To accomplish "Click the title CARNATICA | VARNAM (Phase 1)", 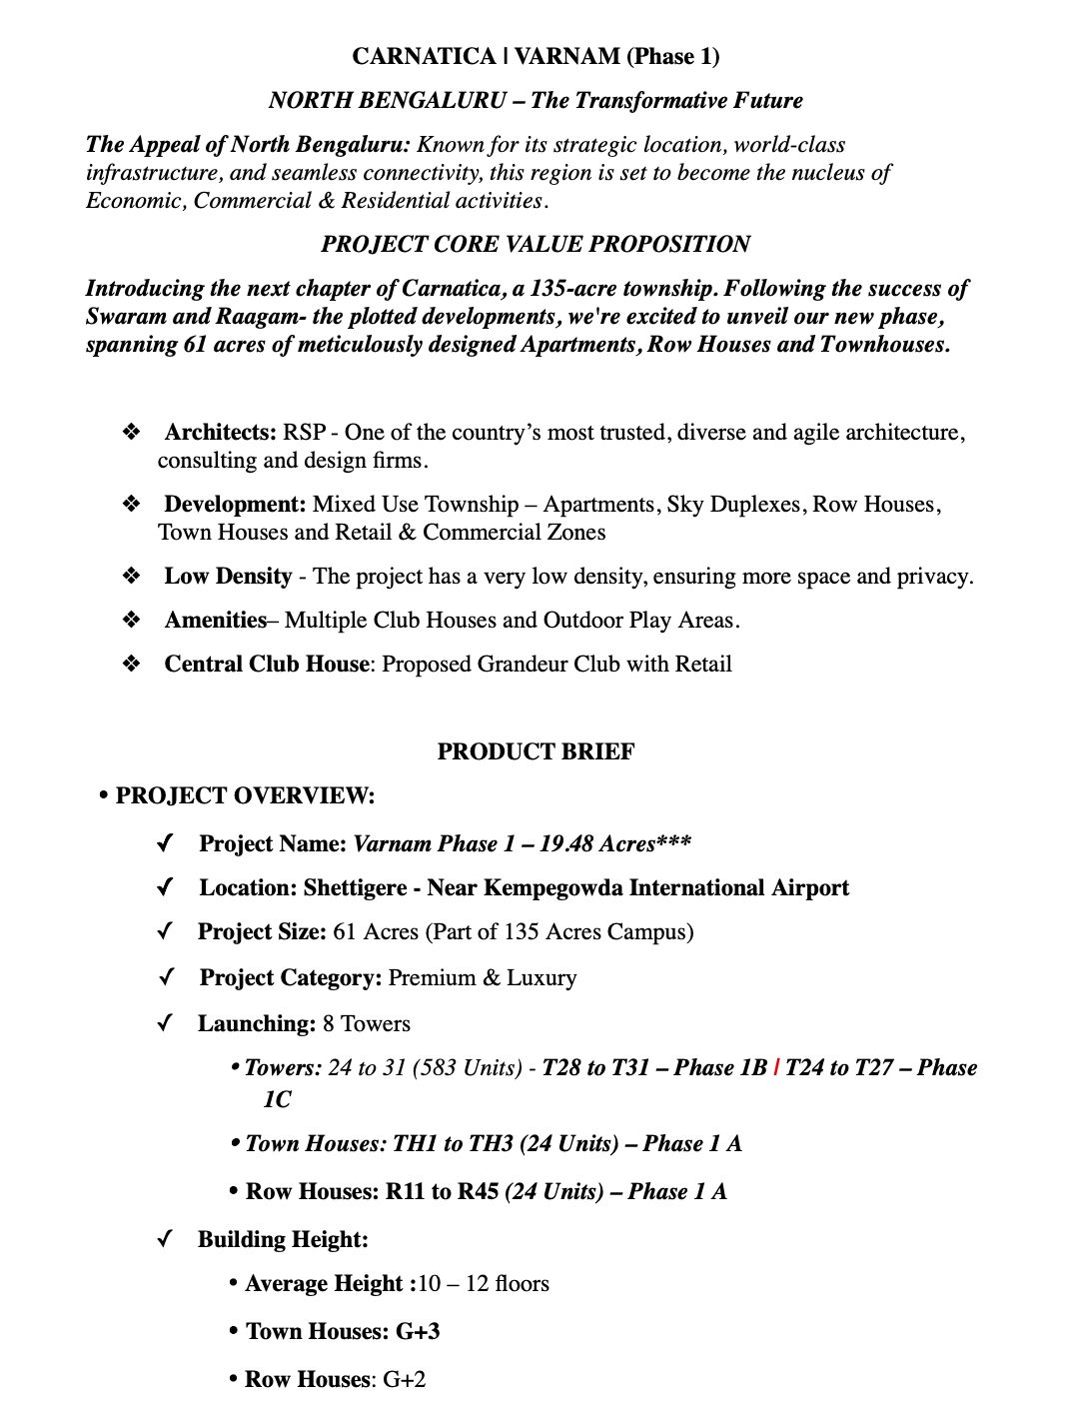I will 536,56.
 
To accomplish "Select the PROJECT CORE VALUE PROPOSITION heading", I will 536,244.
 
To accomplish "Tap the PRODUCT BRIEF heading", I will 536,751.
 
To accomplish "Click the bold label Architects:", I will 220,433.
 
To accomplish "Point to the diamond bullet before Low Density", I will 131,577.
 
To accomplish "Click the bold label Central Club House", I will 266,665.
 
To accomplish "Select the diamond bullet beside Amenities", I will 131,621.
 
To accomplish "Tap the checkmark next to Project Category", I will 166,977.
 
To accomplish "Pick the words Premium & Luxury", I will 482,977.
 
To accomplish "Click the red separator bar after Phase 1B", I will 776,1068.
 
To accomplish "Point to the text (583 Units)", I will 472,1068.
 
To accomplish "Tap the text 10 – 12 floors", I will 484,1283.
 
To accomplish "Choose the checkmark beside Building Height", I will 166,1239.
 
